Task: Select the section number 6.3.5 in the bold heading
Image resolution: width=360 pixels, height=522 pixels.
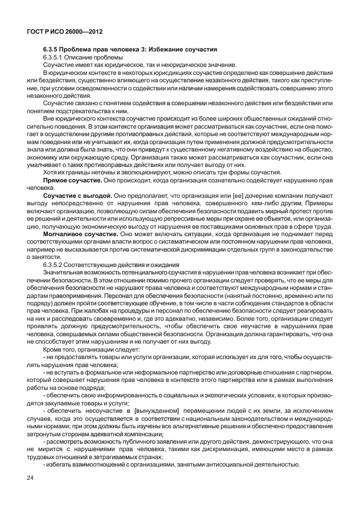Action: pos(53,50)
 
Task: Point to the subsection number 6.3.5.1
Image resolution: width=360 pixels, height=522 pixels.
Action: pos(56,58)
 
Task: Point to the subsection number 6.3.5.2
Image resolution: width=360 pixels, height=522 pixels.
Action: pos(56,264)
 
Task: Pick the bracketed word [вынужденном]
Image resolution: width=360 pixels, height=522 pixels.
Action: pos(157,410)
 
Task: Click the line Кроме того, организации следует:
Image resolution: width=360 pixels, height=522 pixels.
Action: pos(91,349)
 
